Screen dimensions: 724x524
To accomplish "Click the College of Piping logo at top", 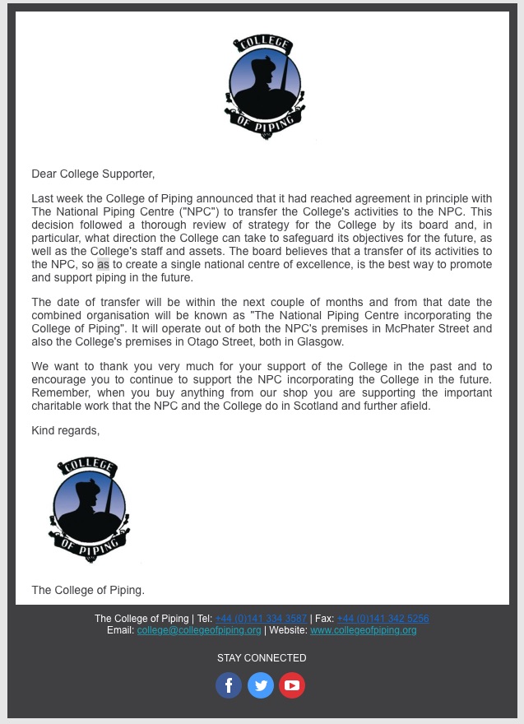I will (265, 87).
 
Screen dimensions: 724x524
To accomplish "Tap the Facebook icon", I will (229, 685).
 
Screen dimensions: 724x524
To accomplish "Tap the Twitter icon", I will (261, 685).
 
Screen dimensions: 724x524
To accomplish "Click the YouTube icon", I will (292, 685).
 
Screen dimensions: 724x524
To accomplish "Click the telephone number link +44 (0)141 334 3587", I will (261, 619).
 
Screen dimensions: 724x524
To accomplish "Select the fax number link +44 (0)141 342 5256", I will (383, 619).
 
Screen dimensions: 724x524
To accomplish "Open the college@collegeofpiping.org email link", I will (199, 630).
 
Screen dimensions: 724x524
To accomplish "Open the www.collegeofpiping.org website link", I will (363, 630).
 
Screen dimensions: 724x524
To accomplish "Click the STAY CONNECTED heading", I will (262, 658).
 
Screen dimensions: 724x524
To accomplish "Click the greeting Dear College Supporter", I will (93, 174).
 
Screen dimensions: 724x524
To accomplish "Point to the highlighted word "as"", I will (103, 265).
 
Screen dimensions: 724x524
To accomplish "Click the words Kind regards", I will (65, 430).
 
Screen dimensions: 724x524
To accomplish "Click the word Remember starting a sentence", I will (59, 393).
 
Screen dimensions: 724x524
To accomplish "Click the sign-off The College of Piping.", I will (88, 590).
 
